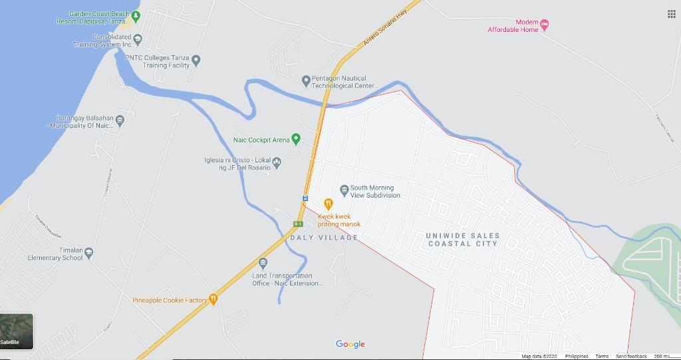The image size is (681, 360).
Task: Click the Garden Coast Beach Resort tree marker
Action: (136, 15)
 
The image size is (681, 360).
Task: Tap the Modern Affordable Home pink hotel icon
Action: (545, 25)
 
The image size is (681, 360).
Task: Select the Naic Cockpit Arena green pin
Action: (296, 140)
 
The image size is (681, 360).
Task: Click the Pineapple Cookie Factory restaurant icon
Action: (213, 299)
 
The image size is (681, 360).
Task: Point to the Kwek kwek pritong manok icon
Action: (328, 204)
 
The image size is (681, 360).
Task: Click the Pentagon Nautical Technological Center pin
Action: (306, 81)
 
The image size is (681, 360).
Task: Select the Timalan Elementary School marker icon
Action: (89, 254)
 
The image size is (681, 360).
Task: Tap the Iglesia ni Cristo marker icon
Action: (277, 162)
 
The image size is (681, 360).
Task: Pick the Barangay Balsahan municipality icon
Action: (120, 121)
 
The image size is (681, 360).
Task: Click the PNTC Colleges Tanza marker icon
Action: (196, 61)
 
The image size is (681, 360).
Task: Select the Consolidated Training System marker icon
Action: (138, 39)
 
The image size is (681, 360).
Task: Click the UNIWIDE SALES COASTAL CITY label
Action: (463, 240)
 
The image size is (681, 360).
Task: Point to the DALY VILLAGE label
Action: (324, 238)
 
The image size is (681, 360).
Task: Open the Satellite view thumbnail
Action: (17, 331)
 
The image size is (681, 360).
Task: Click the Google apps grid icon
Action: (671, 14)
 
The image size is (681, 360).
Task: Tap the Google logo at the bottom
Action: (350, 344)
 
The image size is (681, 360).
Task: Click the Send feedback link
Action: (631, 357)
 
